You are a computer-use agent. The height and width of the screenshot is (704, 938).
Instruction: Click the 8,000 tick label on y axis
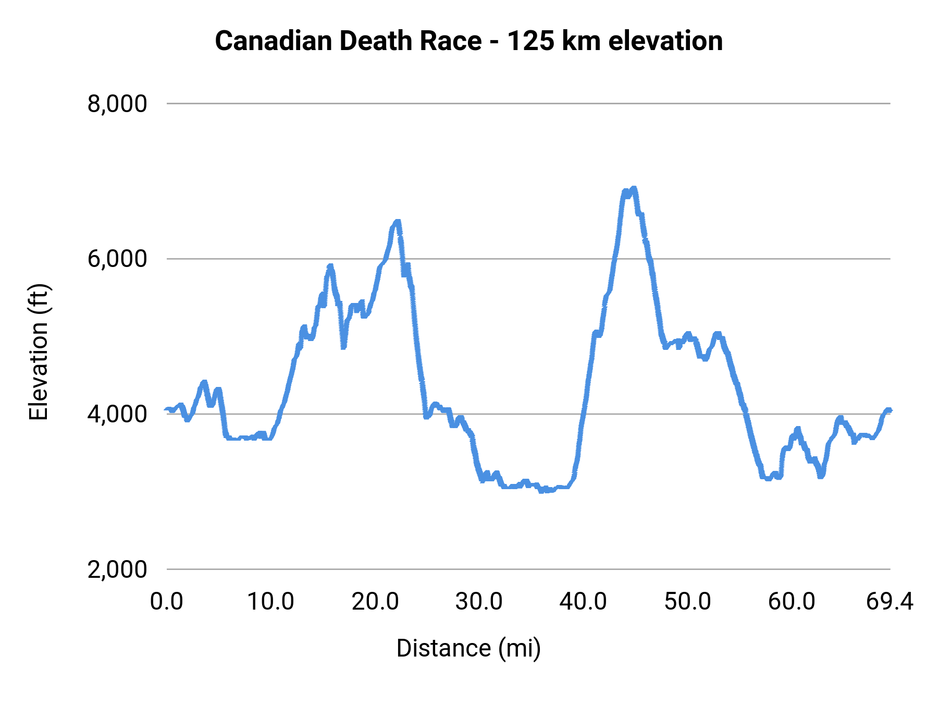[117, 104]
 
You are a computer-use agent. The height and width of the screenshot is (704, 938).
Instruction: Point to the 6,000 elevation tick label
[117, 259]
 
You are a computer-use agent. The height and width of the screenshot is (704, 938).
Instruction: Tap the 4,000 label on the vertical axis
[117, 414]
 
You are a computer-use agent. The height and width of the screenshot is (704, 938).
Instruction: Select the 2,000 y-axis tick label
[117, 569]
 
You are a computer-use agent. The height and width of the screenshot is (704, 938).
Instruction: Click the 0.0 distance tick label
[167, 602]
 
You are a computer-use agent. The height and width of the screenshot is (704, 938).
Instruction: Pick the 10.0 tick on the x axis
[270, 602]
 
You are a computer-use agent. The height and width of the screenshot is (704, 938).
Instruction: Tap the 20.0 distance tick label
[375, 602]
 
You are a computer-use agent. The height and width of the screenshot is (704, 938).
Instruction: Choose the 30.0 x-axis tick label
[479, 602]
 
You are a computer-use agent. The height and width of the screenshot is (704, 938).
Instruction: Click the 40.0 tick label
[583, 602]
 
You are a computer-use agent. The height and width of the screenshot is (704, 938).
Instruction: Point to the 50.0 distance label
[688, 602]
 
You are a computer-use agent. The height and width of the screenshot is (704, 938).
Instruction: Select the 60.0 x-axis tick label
[792, 602]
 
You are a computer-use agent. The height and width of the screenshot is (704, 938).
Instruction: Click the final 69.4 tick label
[890, 602]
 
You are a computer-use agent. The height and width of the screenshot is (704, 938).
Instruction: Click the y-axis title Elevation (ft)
[39, 352]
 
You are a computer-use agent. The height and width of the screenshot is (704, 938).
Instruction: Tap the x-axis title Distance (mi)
[468, 648]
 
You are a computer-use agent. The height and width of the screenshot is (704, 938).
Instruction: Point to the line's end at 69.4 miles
[890, 410]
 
